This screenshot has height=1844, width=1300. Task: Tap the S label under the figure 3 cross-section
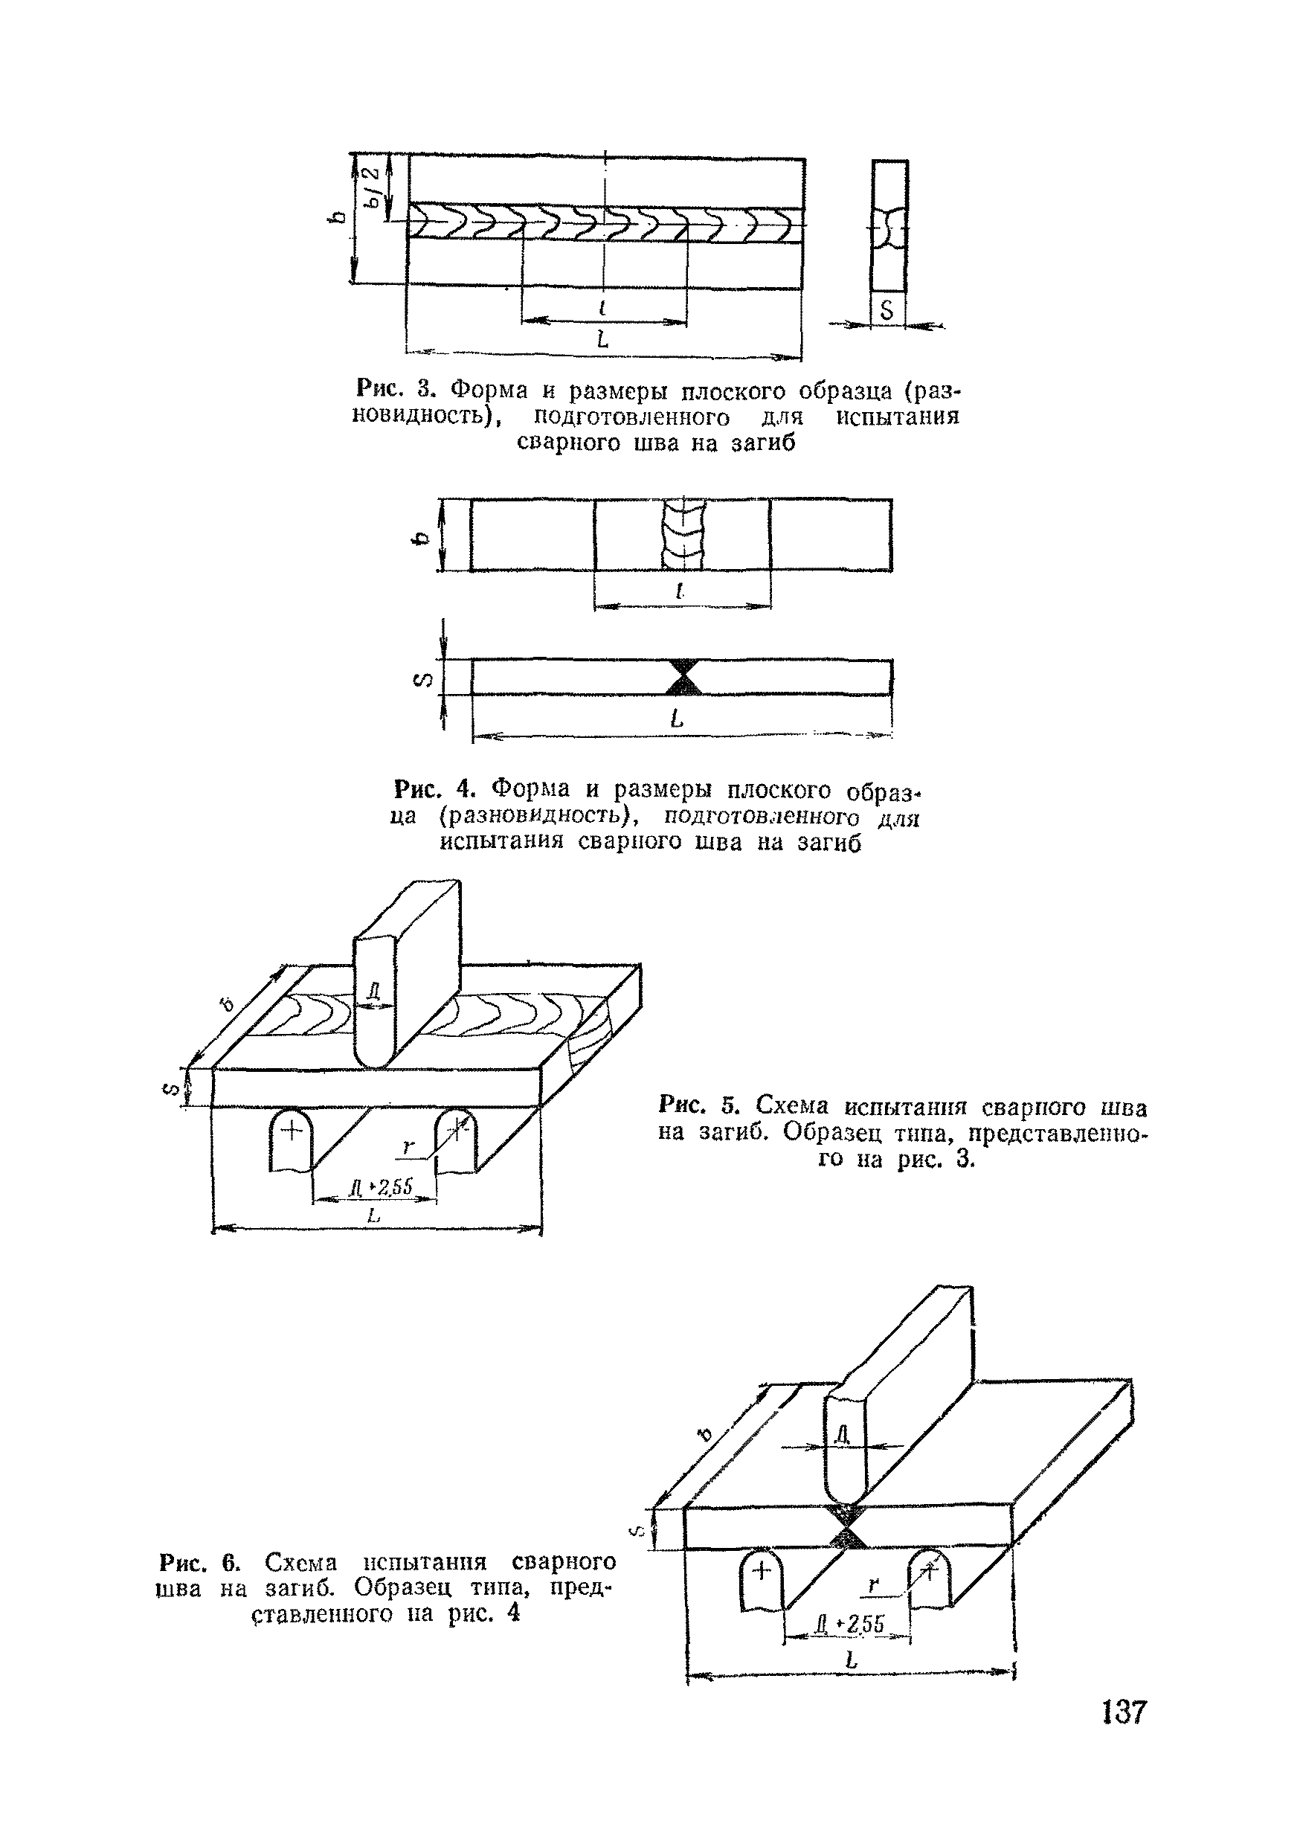tap(887, 310)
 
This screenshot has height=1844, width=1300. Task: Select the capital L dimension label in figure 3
tap(602, 341)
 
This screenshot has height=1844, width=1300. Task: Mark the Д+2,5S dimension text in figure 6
tap(849, 1625)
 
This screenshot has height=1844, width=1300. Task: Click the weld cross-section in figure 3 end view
tap(889, 228)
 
